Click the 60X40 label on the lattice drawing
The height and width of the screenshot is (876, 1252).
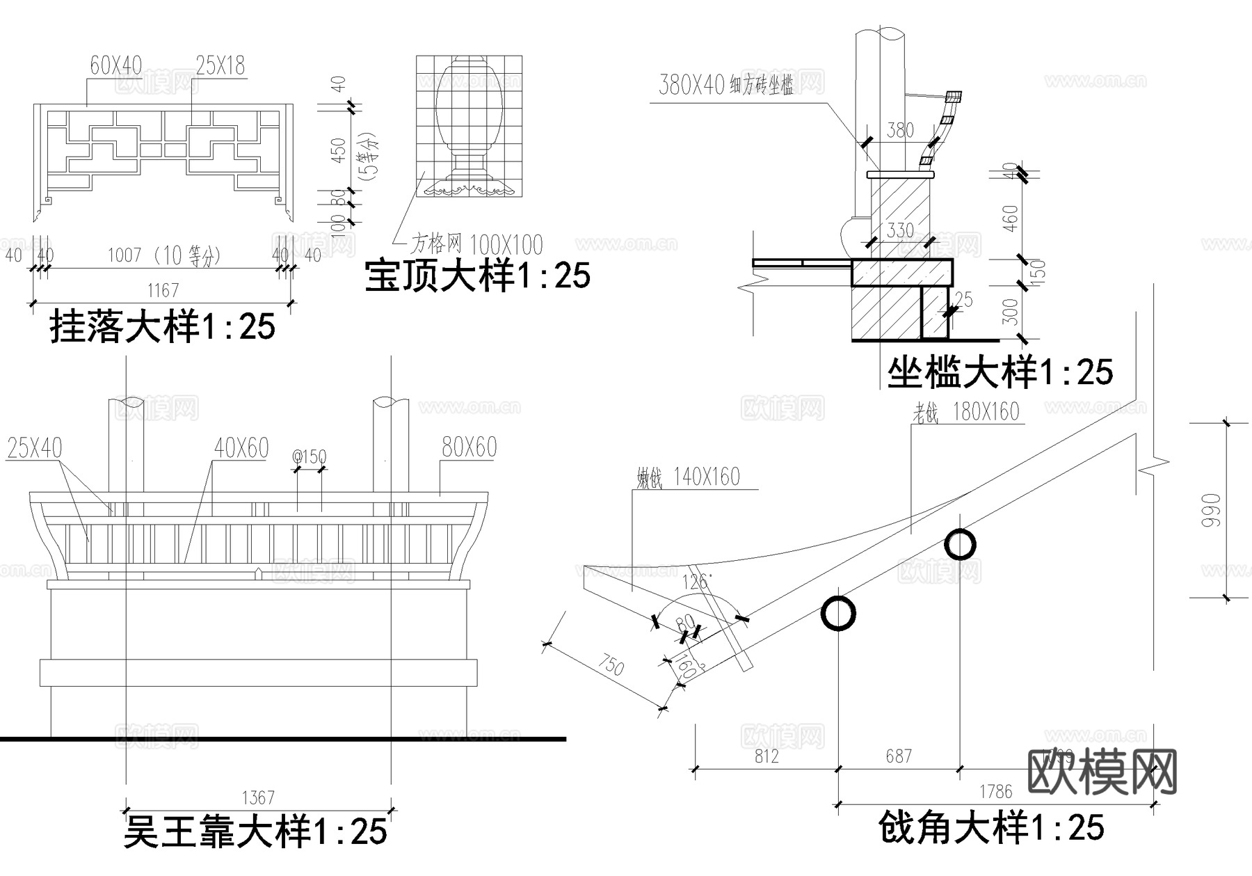[x=115, y=66]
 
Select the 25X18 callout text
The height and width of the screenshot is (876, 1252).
[x=220, y=66]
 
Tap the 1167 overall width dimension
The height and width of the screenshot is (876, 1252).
[x=163, y=290]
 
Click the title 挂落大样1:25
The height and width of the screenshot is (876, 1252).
[x=163, y=326]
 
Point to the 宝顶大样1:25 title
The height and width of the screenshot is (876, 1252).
[x=477, y=275]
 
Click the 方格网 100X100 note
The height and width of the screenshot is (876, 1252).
[x=476, y=244]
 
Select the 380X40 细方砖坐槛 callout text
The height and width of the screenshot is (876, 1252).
[x=725, y=85]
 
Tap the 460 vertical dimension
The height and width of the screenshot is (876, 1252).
[x=1011, y=218]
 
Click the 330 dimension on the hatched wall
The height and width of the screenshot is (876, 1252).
[x=900, y=230]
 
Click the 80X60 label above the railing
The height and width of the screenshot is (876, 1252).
[x=469, y=447]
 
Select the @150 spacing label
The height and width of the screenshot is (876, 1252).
[x=309, y=457]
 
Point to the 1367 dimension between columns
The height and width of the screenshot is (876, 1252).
[x=258, y=797]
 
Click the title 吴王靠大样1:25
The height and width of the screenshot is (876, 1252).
[x=255, y=831]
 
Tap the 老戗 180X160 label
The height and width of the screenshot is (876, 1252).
[x=966, y=412]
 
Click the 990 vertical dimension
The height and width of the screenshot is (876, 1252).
[x=1211, y=509]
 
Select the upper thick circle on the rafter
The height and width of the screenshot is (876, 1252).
[x=960, y=545]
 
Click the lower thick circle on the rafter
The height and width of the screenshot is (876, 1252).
[x=838, y=613]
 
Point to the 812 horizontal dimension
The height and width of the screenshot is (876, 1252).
[x=767, y=756]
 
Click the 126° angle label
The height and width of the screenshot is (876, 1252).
[x=696, y=582]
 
